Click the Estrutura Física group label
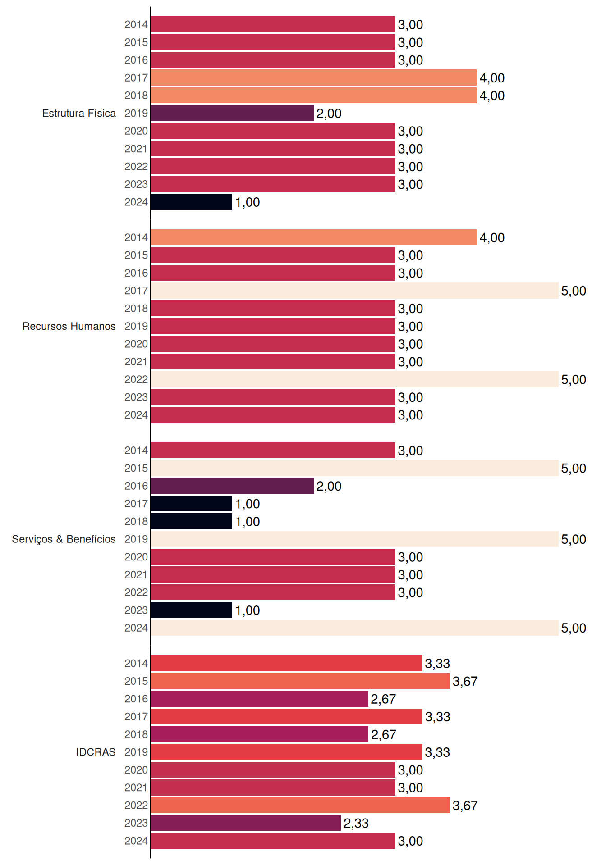tap(79, 113)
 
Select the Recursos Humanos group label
tap(69, 326)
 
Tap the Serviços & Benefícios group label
tap(64, 539)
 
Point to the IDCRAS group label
tap(96, 752)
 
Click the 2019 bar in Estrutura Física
tap(232, 113)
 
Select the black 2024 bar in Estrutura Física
tap(192, 202)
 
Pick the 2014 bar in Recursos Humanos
tap(314, 237)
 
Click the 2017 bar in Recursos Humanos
tap(355, 291)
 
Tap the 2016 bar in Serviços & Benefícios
tap(232, 486)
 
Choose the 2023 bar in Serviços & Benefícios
tap(192, 610)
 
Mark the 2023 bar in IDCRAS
tap(246, 823)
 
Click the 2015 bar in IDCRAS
tap(300, 681)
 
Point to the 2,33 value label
tap(356, 824)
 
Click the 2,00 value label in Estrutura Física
tap(329, 114)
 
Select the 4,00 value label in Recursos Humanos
tap(492, 238)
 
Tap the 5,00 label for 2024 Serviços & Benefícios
tap(574, 628)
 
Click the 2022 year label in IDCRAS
tap(136, 806)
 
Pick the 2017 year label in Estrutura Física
tap(136, 78)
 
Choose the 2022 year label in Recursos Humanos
tap(136, 379)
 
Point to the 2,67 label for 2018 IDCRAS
tap(383, 735)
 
